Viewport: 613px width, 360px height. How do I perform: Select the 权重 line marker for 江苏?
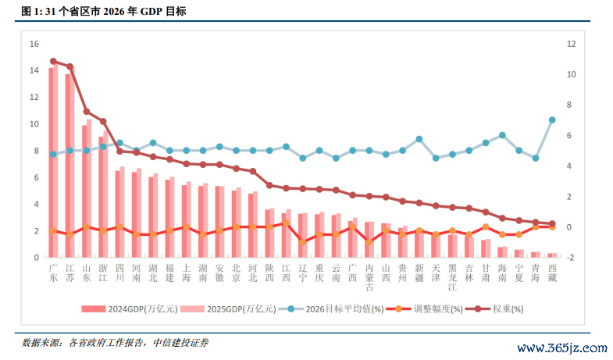click(x=69, y=67)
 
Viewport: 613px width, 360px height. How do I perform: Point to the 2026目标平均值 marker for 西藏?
click(x=552, y=120)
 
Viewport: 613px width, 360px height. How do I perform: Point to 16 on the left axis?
click(x=34, y=45)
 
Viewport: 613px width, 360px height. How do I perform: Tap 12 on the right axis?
click(x=572, y=45)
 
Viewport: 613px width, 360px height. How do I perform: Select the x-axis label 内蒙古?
click(x=369, y=277)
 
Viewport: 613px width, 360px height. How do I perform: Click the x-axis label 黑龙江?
click(x=452, y=277)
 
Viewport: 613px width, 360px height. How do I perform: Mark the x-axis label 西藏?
click(x=552, y=273)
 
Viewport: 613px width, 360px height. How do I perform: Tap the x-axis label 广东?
click(x=53, y=273)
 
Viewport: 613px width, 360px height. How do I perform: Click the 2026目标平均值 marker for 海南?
click(x=502, y=136)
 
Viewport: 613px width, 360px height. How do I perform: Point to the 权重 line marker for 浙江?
click(x=103, y=122)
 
